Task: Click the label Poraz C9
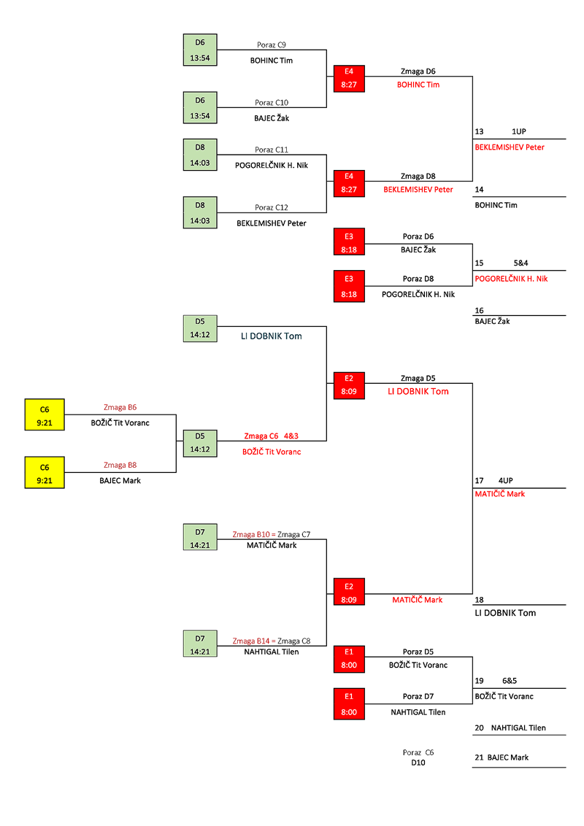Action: click(272, 45)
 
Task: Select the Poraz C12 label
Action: click(272, 207)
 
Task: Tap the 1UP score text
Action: click(518, 131)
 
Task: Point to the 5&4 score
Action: click(520, 263)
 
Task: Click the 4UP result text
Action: click(506, 481)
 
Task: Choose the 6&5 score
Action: click(510, 681)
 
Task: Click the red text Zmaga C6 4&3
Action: click(271, 436)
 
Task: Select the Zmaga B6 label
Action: click(120, 407)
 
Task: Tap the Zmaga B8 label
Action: click(120, 465)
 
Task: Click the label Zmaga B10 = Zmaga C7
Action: click(271, 534)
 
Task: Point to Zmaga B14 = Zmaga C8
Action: click(271, 641)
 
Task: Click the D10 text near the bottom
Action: click(418, 763)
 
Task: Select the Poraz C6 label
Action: click(418, 752)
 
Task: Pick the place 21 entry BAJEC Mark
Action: click(502, 757)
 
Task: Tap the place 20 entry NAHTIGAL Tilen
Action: click(510, 727)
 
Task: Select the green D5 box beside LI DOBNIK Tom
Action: click(200, 328)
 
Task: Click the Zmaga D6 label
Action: click(418, 72)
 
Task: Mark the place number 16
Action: click(479, 310)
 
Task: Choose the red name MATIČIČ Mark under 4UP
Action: click(499, 494)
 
